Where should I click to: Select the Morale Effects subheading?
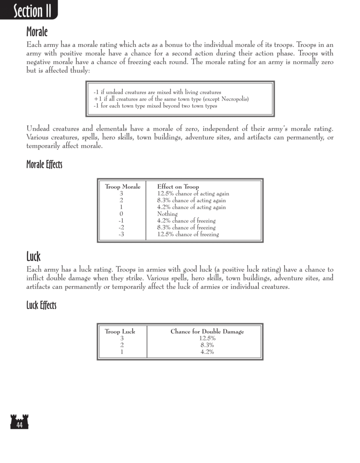tap(44, 165)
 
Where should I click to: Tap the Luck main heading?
tap(34, 256)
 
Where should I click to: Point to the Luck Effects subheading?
tap(41, 306)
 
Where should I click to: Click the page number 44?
tap(19, 425)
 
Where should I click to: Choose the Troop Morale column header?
tap(122, 187)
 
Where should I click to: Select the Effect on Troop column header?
tap(178, 187)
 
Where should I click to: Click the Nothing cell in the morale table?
tap(167, 214)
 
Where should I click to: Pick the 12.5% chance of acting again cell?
tap(193, 194)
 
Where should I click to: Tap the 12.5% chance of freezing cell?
tap(188, 234)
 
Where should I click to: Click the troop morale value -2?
tap(121, 228)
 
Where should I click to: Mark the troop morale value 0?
tap(121, 214)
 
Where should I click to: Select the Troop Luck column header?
tap(120, 332)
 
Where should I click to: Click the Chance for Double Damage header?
tap(207, 332)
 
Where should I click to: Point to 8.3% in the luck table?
tap(207, 345)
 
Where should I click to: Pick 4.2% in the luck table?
tap(207, 352)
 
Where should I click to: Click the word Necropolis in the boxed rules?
tap(233, 99)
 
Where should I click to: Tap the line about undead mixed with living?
tap(157, 92)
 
